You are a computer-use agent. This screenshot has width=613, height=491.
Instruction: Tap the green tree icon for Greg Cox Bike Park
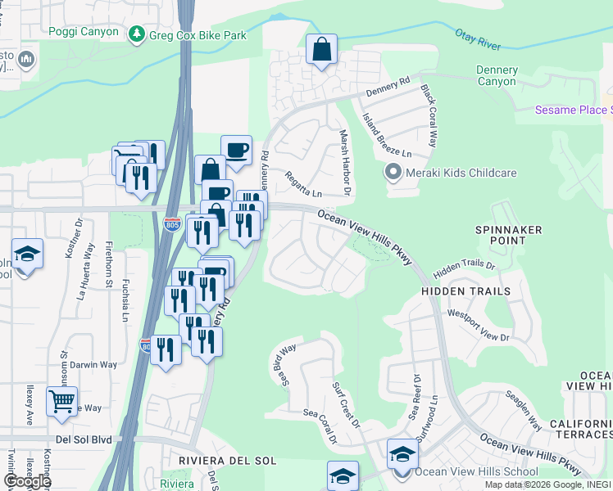pyautogui.click(x=136, y=34)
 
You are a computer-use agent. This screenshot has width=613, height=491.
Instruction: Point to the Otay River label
pyautogui.click(x=481, y=38)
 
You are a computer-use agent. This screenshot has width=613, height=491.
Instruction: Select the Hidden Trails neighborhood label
pyautogui.click(x=465, y=291)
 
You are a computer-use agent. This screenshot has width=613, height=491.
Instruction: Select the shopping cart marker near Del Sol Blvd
pyautogui.click(x=62, y=401)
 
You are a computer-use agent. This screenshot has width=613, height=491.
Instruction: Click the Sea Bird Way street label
pyautogui.click(x=286, y=364)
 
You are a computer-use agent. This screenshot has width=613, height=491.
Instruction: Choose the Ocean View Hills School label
pyautogui.click(x=465, y=472)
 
